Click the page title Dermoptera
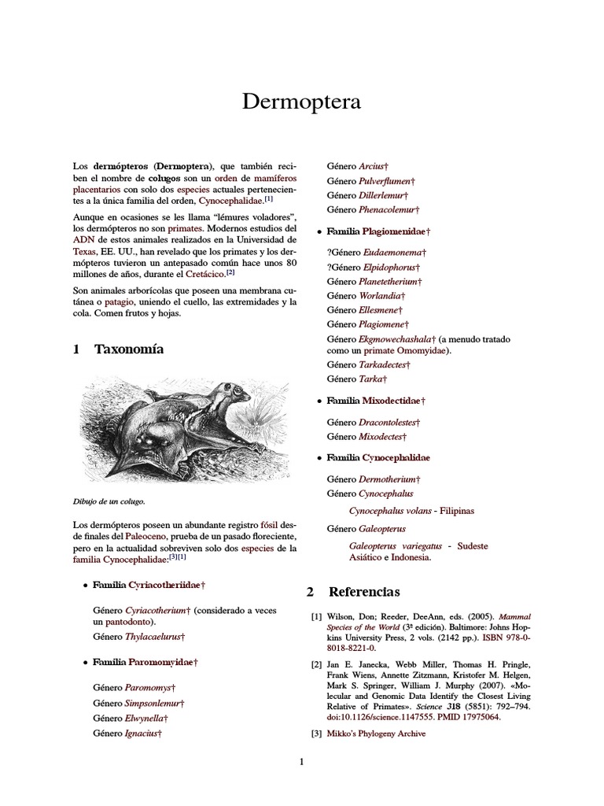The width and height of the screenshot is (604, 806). click(x=301, y=102)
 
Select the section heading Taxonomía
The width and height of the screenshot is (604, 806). click(x=129, y=349)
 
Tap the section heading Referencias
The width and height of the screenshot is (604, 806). click(x=363, y=591)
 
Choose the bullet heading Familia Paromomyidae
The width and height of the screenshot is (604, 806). click(x=144, y=664)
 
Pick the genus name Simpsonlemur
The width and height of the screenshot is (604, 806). click(x=153, y=703)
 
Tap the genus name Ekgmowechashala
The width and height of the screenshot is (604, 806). click(x=396, y=338)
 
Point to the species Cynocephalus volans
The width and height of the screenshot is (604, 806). click(x=390, y=511)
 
